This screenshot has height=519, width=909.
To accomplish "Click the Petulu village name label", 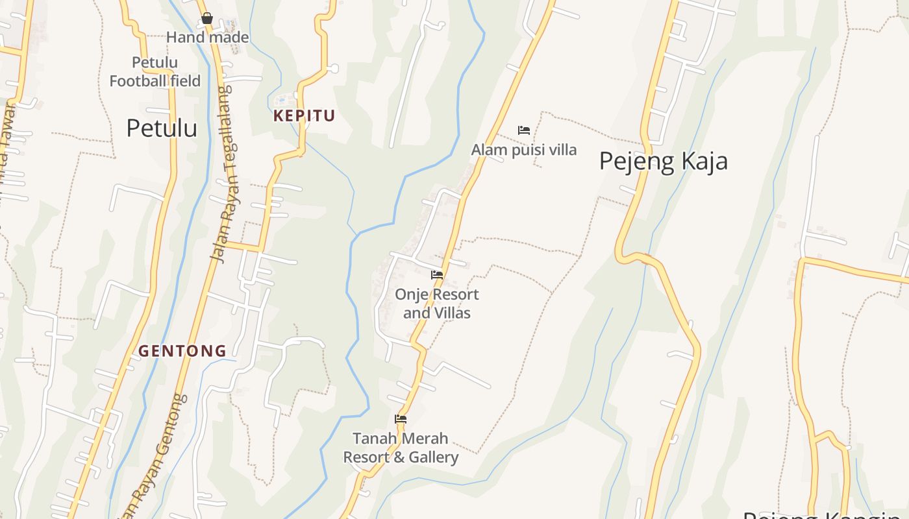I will click(162, 128).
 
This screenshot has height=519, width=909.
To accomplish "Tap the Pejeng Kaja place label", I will click(663, 161).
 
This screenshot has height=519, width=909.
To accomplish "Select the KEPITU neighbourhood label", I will click(304, 116).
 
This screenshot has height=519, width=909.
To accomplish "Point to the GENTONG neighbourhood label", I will click(182, 351).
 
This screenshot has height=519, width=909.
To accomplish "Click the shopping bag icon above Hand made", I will click(207, 19).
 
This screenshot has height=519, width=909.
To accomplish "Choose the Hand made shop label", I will click(207, 38).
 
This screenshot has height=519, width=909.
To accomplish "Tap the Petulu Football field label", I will click(155, 72).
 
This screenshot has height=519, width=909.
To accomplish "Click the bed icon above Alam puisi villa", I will click(524, 130).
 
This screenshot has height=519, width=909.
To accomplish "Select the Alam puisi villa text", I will click(523, 150).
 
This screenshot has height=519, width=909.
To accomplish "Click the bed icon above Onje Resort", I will click(437, 275).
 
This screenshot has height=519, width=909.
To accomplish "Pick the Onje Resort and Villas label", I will click(437, 304).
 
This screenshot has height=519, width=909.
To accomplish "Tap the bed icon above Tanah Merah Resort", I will click(401, 419).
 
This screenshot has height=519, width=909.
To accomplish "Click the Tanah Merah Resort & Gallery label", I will click(401, 448).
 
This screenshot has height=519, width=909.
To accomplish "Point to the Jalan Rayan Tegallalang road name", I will click(223, 175).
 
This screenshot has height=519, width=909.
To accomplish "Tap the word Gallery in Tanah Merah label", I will click(434, 457).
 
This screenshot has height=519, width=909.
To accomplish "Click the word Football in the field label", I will click(138, 81).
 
